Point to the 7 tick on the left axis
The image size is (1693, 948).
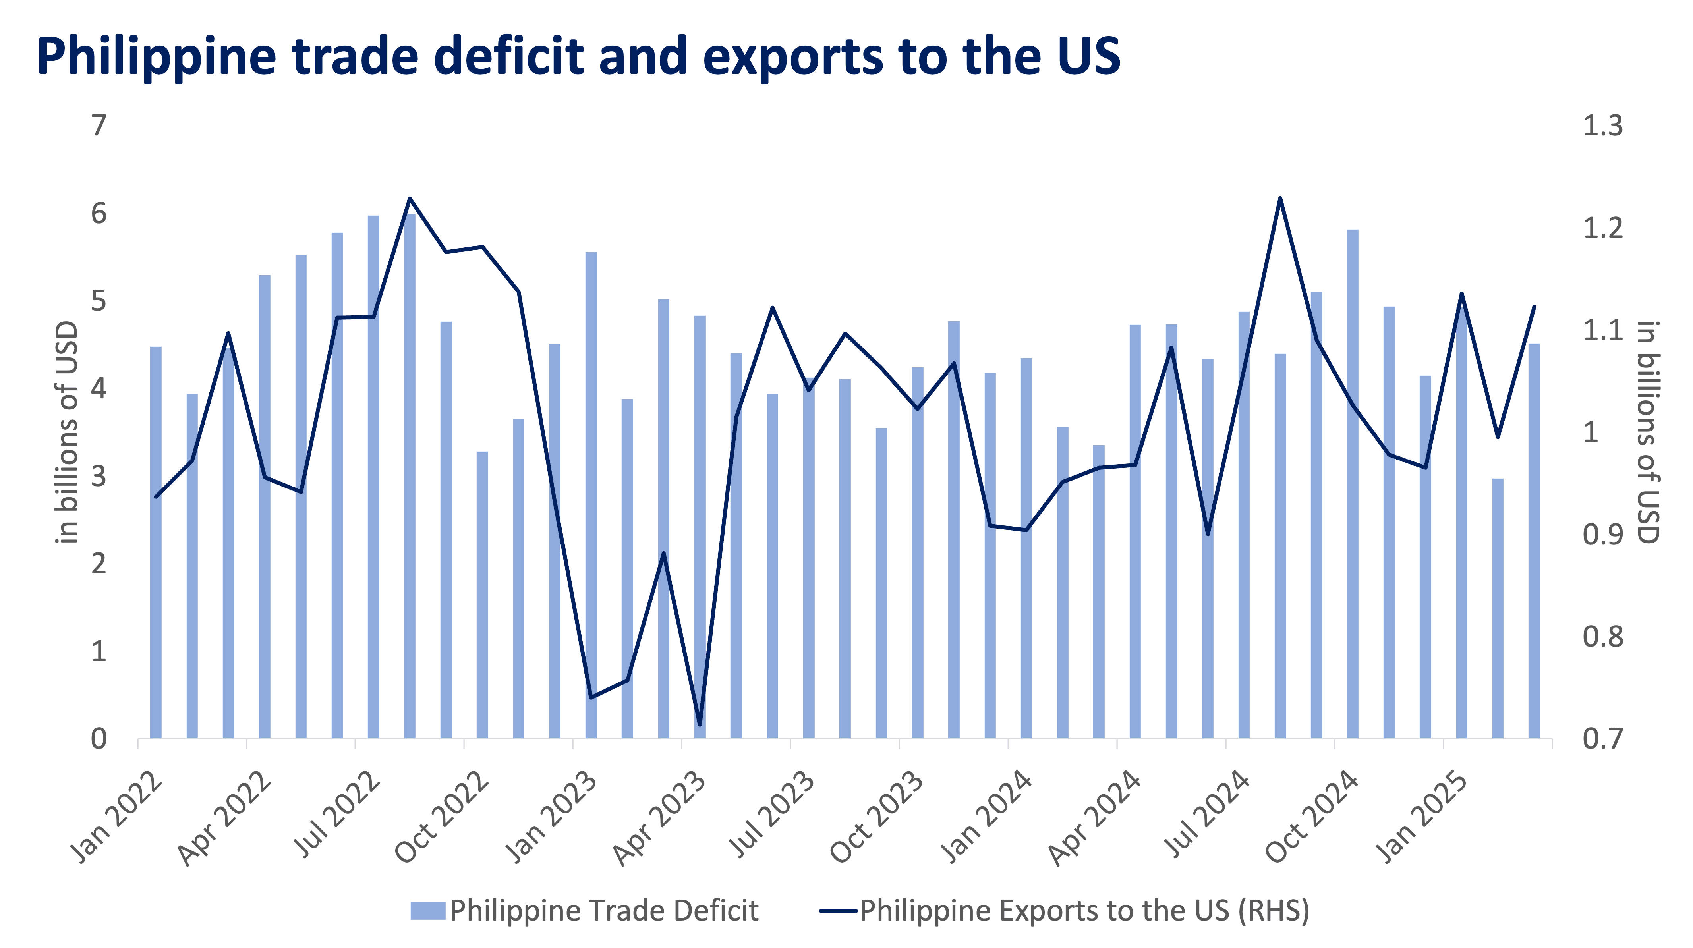click(99, 125)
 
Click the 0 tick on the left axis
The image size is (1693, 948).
click(99, 739)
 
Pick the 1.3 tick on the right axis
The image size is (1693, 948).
click(1602, 125)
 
